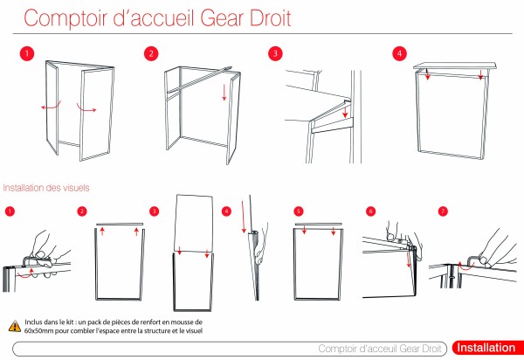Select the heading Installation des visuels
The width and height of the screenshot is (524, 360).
tap(45, 187)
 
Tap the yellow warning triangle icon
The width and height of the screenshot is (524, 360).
tap(15, 325)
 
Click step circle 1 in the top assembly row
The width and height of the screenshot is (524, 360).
tap(28, 53)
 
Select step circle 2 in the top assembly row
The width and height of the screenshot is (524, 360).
tap(151, 53)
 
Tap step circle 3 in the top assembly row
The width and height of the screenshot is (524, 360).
tap(275, 53)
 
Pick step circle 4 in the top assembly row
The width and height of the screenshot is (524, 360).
tap(399, 53)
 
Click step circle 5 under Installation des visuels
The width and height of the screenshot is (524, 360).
tap(298, 211)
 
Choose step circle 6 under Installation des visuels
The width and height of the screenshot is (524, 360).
tap(370, 211)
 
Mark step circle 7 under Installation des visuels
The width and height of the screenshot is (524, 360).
tap(443, 211)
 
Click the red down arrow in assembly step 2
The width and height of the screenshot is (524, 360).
tap(224, 92)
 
